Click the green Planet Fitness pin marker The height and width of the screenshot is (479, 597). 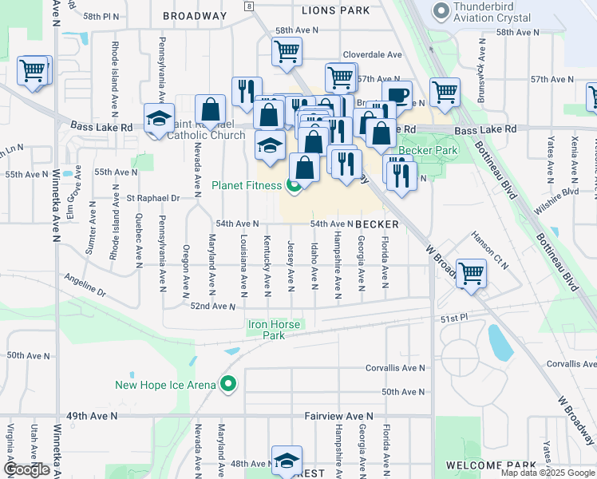294,186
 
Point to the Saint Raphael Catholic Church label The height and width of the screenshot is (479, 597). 207,130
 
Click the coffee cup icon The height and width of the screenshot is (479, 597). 397,96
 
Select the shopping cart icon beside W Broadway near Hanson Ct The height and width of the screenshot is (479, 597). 472,273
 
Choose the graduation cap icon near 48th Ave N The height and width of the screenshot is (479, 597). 287,460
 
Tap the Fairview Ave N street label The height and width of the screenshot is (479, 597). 339,417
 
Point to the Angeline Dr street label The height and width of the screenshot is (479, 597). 85,289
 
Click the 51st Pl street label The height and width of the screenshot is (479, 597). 453,318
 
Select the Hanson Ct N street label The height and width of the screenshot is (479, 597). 490,247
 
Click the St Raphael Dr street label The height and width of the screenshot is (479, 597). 152,197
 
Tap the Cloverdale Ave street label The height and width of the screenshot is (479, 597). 372,54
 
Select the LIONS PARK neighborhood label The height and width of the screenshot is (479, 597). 335,10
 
